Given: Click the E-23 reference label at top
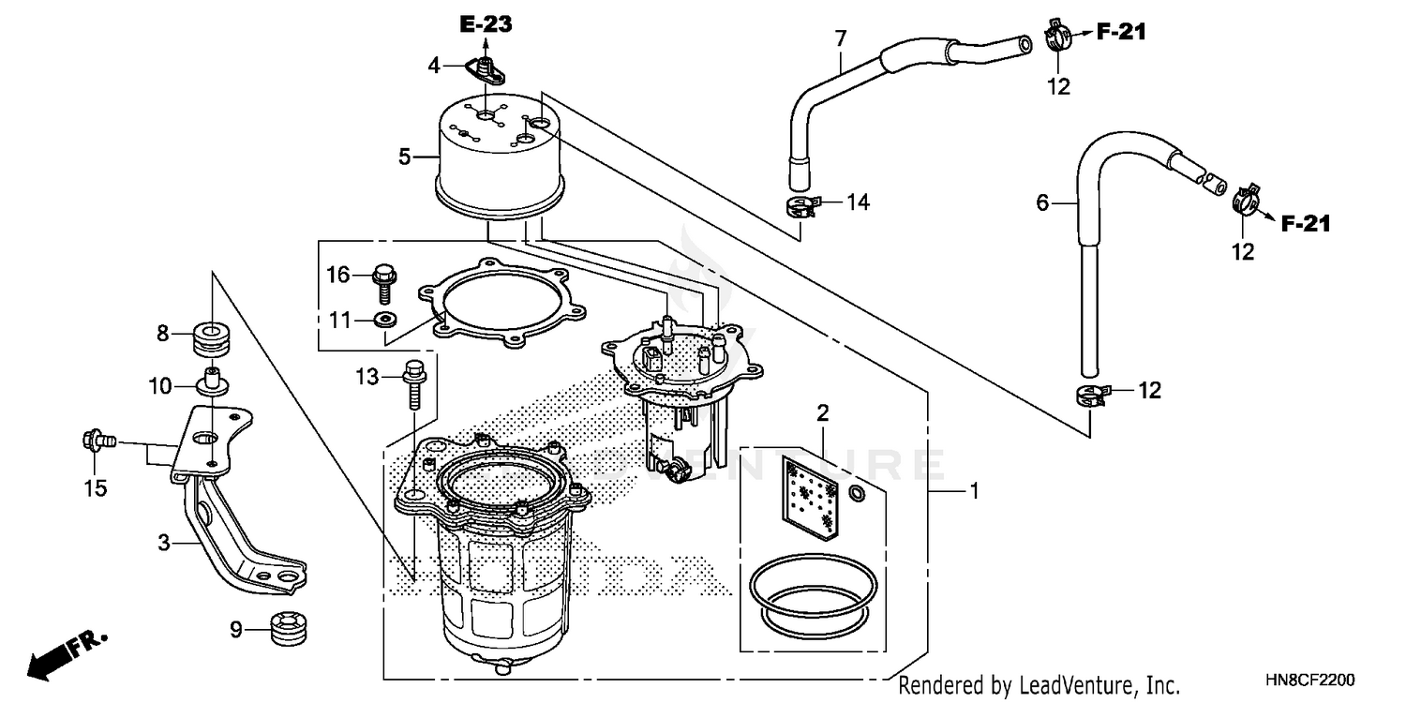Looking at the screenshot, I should (x=486, y=24).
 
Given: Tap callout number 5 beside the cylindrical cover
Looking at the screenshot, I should (x=405, y=157).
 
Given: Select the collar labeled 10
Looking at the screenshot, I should (x=212, y=383).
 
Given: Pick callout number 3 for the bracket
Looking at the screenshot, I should (x=164, y=543).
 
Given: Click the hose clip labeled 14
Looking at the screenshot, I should (x=800, y=203).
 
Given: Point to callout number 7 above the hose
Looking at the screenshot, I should (x=840, y=38).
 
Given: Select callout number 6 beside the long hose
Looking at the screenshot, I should (x=1042, y=203).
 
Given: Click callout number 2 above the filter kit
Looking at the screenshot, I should (x=822, y=412).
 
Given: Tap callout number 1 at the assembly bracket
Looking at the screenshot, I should (x=974, y=490).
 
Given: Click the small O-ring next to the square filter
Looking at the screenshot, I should (x=857, y=493).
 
